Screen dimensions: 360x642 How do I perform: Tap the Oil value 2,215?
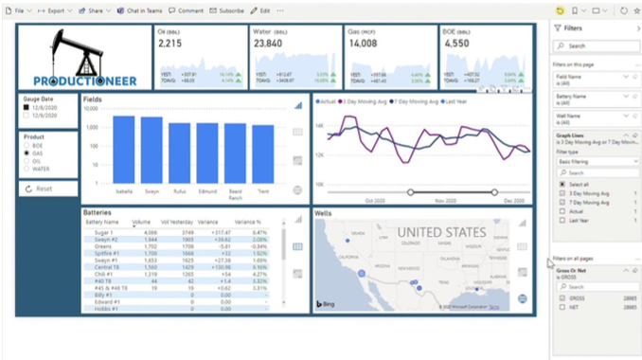tap(169, 44)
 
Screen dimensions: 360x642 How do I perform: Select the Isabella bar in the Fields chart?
tap(123, 149)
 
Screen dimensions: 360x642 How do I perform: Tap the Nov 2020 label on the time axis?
tap(445, 201)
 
